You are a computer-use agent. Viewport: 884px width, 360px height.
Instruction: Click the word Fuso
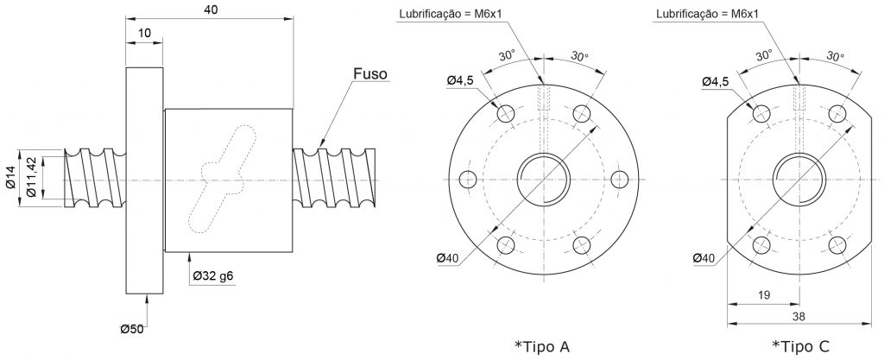(370, 73)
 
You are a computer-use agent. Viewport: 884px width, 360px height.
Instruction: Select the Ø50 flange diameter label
(131, 329)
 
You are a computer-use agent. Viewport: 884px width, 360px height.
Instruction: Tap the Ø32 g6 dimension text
(213, 276)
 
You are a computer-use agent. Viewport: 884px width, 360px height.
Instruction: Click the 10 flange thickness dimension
(144, 34)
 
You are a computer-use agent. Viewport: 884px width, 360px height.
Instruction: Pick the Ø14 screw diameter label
(12, 179)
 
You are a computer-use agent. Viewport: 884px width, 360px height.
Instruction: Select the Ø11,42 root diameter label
(32, 178)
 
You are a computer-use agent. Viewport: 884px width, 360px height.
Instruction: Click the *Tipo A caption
(542, 346)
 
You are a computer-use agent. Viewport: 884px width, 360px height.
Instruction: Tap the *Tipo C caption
(800, 346)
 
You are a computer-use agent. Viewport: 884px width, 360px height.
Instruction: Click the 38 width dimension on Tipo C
(799, 317)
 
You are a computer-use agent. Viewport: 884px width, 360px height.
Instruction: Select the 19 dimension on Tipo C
(765, 294)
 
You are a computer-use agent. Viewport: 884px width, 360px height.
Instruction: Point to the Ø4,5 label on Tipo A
(461, 80)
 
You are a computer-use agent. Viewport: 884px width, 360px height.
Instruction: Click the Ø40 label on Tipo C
(704, 257)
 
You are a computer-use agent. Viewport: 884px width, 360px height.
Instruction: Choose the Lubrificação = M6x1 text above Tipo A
(450, 14)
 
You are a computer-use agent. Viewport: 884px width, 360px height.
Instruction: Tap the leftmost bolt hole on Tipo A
(468, 180)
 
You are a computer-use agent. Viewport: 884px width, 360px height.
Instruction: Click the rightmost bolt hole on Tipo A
(620, 180)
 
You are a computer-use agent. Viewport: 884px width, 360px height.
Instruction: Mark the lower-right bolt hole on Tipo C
(837, 244)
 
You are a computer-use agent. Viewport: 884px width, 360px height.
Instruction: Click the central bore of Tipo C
(799, 180)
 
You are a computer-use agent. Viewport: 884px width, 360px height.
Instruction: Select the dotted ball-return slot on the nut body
(223, 179)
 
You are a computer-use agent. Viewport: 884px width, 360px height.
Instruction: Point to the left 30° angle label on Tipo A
(507, 55)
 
